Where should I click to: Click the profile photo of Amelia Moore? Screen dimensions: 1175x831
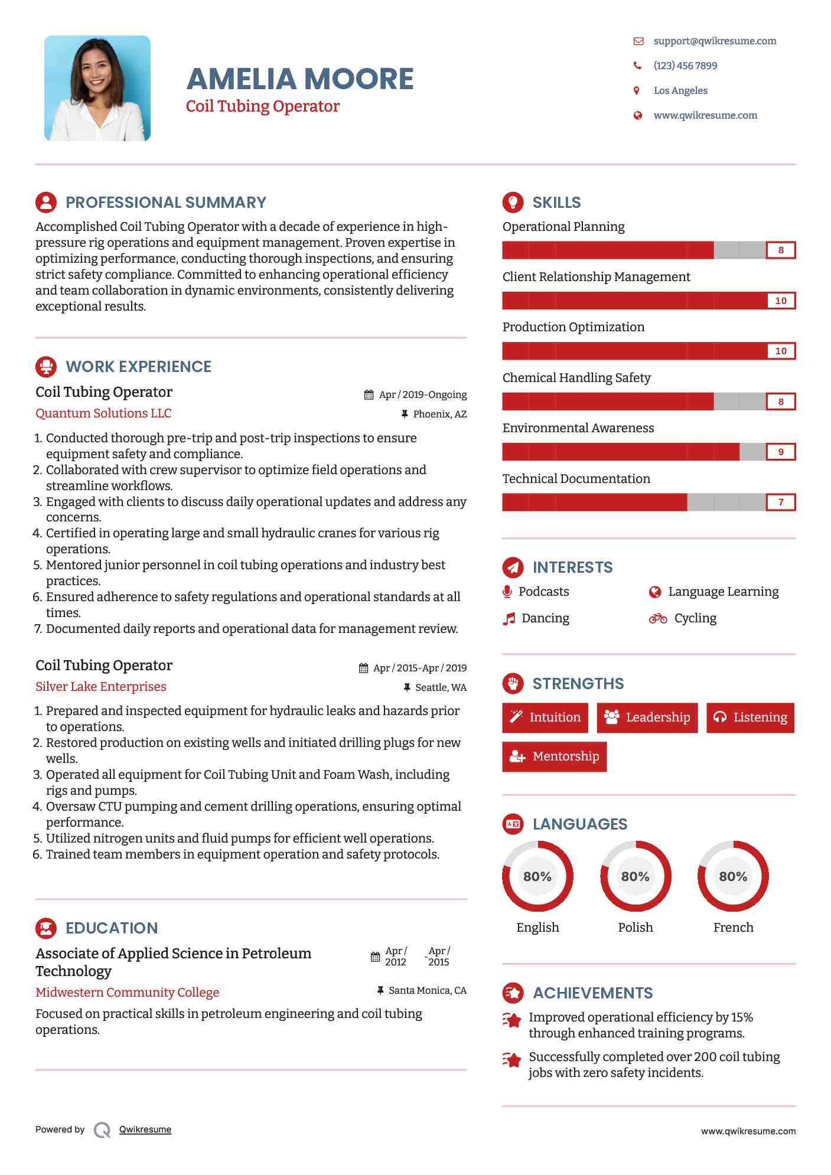tap(97, 88)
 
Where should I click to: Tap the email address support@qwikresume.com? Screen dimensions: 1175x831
tap(715, 41)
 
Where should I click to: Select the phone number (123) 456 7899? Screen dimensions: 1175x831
tap(685, 66)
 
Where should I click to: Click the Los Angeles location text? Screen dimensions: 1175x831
tap(680, 90)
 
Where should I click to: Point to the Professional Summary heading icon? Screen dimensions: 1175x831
tap(46, 203)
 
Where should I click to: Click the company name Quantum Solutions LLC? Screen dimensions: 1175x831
tap(103, 413)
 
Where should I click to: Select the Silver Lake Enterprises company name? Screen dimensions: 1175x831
tap(101, 687)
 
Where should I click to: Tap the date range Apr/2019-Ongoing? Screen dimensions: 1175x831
tap(422, 394)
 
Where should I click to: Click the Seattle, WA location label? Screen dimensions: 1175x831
tap(441, 687)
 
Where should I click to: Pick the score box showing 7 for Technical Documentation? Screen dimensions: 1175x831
tap(780, 502)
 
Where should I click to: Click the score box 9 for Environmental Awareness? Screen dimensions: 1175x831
tap(780, 452)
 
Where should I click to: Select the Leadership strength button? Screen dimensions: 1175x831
tap(647, 717)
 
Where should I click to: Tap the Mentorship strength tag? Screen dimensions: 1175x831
tap(554, 756)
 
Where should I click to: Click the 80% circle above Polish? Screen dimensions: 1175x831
tap(636, 876)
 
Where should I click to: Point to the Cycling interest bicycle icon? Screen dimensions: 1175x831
tap(658, 618)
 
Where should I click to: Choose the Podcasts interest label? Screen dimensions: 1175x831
tap(543, 592)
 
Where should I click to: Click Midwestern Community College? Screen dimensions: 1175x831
tap(127, 993)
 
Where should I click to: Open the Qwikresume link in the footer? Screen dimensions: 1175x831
tap(145, 1130)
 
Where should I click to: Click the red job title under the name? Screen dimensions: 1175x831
tap(263, 106)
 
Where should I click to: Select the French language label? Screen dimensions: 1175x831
tap(733, 928)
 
